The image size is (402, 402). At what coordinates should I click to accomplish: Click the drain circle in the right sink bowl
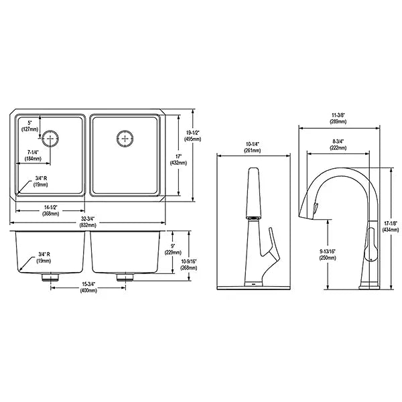125,139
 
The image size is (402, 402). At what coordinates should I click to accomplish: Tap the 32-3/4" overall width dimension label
88,222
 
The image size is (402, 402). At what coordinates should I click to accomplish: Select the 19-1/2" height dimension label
192,136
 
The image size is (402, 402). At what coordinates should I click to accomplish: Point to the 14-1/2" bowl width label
50,210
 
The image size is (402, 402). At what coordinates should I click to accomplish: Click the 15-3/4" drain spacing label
88,287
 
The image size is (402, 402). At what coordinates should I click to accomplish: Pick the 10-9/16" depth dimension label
189,265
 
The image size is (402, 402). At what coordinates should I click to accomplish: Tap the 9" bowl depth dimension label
173,249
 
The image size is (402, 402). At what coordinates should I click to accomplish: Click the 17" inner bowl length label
178,159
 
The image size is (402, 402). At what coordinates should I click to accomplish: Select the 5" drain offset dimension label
29,126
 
